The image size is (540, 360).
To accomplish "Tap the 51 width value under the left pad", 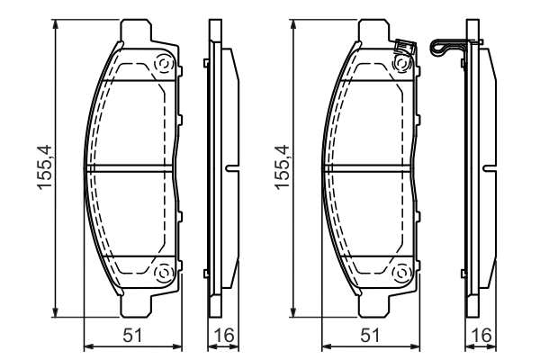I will tap(131, 336).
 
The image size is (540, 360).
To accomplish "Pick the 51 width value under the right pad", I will tap(370, 336).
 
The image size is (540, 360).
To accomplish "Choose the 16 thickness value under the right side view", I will tap(481, 336).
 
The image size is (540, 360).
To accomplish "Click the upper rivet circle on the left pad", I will tap(164, 64).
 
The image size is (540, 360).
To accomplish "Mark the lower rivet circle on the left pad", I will tap(164, 273).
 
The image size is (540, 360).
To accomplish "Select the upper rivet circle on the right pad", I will tap(403, 64).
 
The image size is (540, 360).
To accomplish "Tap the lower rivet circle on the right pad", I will tap(403, 273).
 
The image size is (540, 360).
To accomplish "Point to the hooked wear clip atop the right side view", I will tap(448, 46).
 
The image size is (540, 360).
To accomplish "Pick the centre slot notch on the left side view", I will tap(232, 167).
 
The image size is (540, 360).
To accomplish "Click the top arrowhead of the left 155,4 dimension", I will tap(57, 24).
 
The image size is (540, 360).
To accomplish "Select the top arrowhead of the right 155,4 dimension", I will tap(296, 24).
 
